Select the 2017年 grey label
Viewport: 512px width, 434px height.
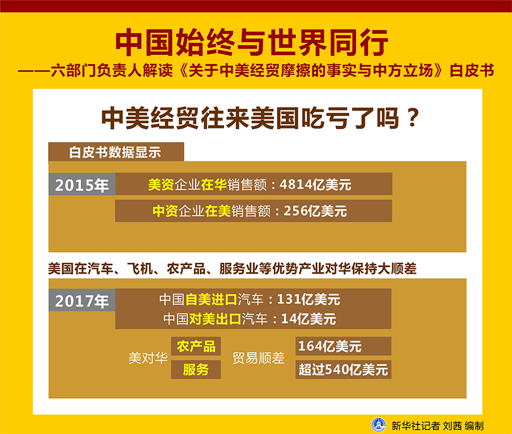tap(82, 301)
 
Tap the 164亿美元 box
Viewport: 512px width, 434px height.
tap(330, 346)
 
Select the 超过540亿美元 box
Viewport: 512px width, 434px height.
tap(343, 370)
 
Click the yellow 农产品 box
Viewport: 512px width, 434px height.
tap(196, 346)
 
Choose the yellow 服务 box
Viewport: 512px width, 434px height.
tap(196, 370)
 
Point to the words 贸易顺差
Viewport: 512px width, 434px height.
tap(258, 358)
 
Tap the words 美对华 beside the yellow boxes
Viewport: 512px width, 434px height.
tap(148, 358)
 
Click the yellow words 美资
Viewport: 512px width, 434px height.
tap(160, 185)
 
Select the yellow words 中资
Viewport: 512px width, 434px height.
tap(165, 211)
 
